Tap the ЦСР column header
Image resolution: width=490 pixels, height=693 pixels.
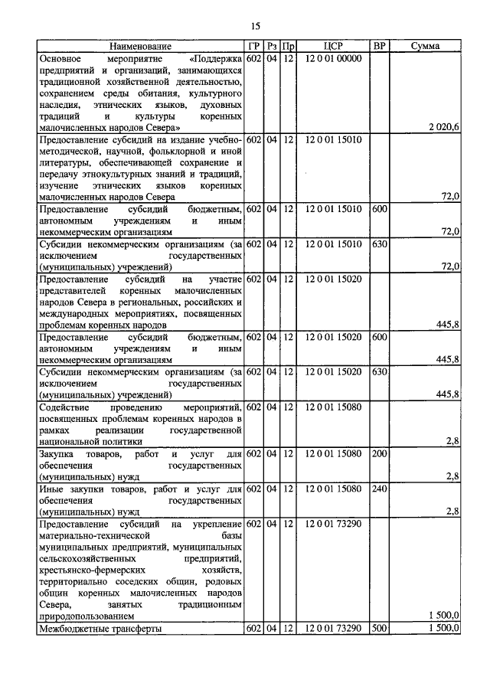[x=332, y=46]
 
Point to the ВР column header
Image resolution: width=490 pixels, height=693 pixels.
[x=378, y=46]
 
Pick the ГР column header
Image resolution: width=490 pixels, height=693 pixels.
[x=254, y=46]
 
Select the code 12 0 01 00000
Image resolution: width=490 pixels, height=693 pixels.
[x=332, y=58]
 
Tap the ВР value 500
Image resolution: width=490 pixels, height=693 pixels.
[x=378, y=628]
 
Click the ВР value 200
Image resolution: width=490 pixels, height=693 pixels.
[x=378, y=454]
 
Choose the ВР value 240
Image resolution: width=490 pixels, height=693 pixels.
[x=378, y=489]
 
